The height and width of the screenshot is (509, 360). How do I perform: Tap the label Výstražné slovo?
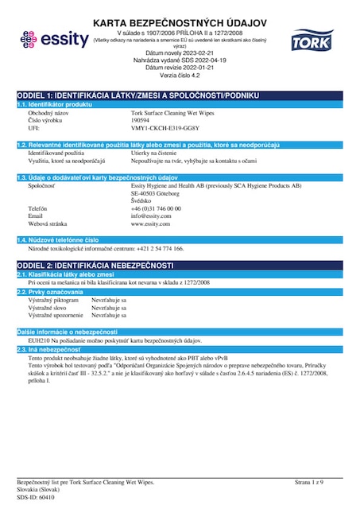click(x=48, y=308)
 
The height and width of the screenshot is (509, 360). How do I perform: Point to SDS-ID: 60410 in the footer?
click(x=37, y=496)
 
